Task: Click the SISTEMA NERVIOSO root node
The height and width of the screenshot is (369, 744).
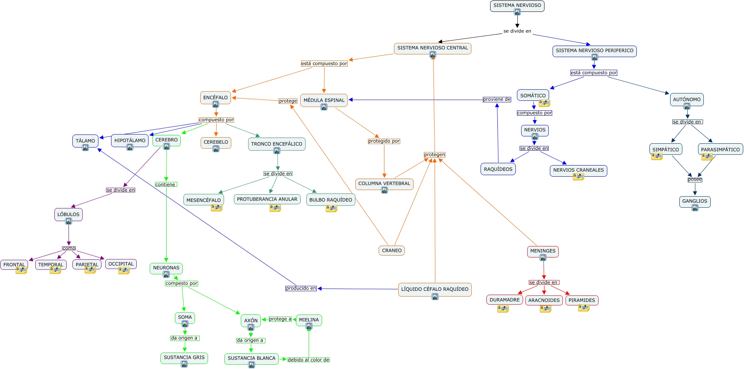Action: (517, 6)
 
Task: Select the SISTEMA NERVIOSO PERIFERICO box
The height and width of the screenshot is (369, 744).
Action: (594, 51)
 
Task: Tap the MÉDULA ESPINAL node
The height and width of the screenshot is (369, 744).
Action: (324, 100)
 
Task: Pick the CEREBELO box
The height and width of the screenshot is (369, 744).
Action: (216, 143)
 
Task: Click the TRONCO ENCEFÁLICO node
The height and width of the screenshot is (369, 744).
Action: (276, 144)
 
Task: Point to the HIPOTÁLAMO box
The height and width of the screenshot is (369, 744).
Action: (130, 141)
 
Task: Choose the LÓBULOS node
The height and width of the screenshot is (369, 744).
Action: (69, 215)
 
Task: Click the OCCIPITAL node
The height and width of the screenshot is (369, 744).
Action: (121, 264)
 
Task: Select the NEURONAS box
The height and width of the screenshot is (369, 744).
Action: (166, 268)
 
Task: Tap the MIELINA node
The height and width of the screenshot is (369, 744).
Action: (309, 320)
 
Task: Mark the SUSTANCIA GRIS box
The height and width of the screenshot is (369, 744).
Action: (184, 358)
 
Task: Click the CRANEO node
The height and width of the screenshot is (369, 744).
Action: (392, 251)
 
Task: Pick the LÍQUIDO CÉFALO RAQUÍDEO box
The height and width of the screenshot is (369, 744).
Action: (435, 290)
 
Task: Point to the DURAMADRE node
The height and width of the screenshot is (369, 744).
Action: (505, 300)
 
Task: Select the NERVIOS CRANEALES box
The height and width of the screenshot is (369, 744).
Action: (578, 171)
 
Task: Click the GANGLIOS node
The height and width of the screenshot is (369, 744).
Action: (695, 202)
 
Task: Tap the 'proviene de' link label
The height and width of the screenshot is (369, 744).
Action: (497, 99)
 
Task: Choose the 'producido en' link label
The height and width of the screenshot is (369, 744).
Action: (301, 288)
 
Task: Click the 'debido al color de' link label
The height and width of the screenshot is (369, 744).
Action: (308, 360)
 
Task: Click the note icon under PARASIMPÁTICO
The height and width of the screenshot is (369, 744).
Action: (706, 157)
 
